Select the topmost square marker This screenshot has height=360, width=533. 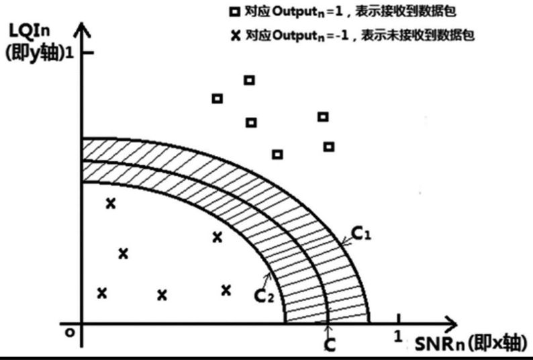click(x=249, y=80)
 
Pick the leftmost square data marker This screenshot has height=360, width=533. click(x=217, y=98)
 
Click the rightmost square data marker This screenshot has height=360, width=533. click(x=329, y=146)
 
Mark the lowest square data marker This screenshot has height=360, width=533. click(x=277, y=154)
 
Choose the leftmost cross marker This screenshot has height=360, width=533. click(x=102, y=292)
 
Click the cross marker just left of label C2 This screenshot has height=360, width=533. click(x=226, y=289)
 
